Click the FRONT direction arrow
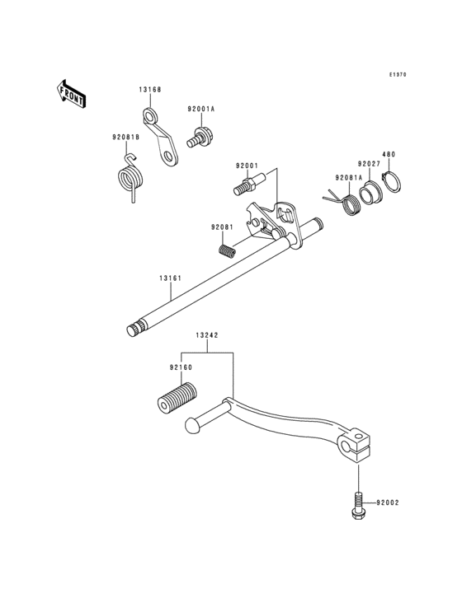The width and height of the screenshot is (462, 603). (x=71, y=94)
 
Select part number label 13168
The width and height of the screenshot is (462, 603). (x=150, y=90)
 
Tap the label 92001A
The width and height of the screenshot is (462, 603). (x=201, y=110)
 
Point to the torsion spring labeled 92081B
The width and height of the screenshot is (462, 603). (x=130, y=178)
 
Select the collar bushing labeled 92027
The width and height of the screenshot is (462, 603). (x=370, y=192)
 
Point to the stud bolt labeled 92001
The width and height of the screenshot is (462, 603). (x=249, y=184)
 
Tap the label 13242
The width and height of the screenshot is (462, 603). (x=207, y=335)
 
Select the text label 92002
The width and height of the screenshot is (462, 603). (x=388, y=502)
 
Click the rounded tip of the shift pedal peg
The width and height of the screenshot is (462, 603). (x=191, y=426)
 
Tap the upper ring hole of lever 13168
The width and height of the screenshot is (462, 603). (x=149, y=115)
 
